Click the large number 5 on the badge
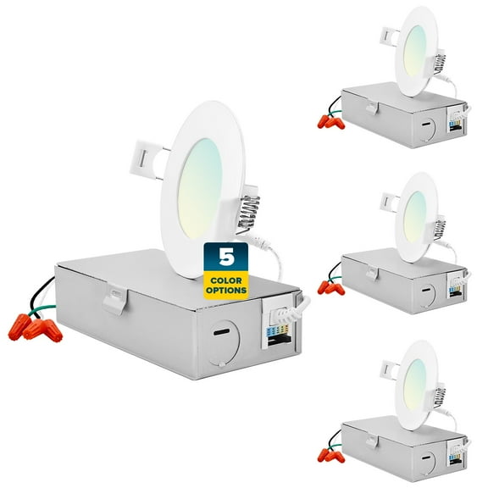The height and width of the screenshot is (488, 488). (225, 256)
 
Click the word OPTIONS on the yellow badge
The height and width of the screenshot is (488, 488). (225, 290)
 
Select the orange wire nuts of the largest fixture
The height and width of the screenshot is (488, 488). (36, 325)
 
